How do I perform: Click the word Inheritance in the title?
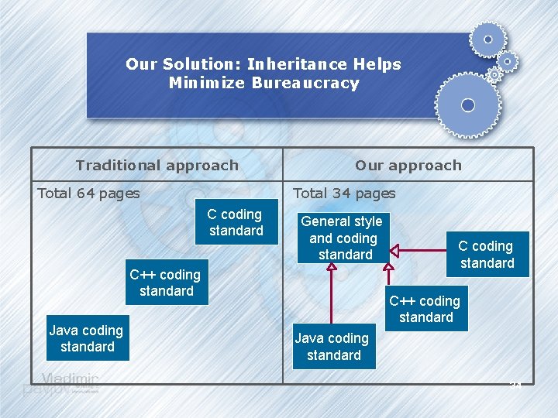[296, 64]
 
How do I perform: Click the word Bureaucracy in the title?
[305, 83]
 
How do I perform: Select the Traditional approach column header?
[157, 165]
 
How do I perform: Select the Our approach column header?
[408, 165]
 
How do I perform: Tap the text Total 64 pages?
[88, 194]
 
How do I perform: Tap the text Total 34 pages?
[344, 194]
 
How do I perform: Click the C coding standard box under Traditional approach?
[236, 222]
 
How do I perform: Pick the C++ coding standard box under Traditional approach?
[165, 283]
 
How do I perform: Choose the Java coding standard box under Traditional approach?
[86, 338]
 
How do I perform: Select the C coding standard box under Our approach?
[487, 255]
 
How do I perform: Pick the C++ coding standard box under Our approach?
[425, 309]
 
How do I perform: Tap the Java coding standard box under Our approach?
[332, 347]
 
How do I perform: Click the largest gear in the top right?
[467, 104]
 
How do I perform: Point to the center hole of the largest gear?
[467, 104]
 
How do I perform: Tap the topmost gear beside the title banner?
[487, 39]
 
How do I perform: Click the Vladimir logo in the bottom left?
[71, 381]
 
